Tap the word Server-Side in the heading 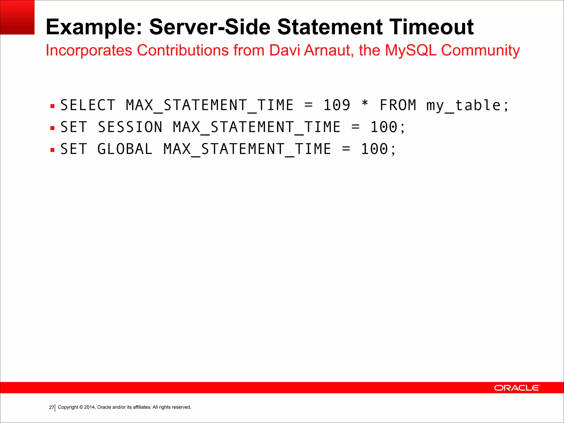210,27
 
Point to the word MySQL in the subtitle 411,50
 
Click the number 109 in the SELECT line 337,105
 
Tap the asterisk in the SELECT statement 365,104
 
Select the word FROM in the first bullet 398,105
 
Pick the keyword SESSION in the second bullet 130,127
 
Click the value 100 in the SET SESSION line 384,127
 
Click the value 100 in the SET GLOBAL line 374,149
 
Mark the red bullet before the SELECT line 53,106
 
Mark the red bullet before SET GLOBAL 53,150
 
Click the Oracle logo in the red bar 517,388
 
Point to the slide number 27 51,407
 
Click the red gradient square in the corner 17,17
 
